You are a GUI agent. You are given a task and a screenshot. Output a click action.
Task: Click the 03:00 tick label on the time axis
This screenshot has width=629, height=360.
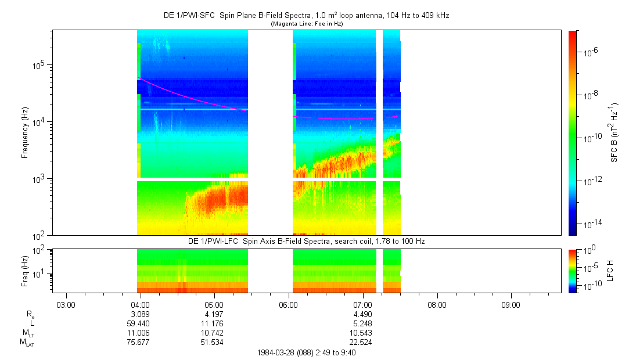click(66, 304)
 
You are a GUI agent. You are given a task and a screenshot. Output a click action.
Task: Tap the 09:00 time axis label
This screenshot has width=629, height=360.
click(511, 304)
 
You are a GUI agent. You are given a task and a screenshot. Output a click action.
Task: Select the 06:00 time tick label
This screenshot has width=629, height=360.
click(288, 304)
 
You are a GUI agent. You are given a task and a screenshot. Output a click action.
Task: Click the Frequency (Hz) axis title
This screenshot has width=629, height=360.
click(25, 133)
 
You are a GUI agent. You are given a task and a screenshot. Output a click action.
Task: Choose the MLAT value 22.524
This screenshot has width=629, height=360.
click(360, 342)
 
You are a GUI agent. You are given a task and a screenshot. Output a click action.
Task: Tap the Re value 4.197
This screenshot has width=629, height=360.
click(214, 314)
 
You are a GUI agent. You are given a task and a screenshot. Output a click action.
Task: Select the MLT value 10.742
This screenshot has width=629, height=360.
click(212, 333)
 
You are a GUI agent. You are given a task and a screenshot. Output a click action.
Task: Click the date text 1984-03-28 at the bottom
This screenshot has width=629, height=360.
click(283, 352)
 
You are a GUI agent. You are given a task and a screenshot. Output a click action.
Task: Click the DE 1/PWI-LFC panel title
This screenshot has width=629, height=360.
click(307, 241)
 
